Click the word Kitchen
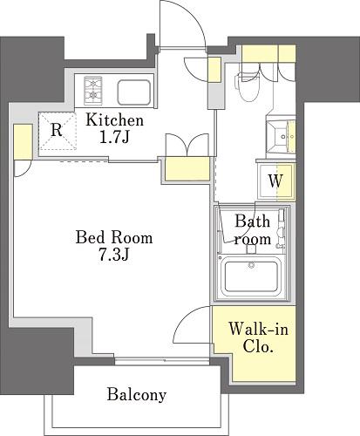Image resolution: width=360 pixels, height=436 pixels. click(x=115, y=120)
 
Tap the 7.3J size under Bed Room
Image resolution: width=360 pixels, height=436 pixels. click(x=114, y=255)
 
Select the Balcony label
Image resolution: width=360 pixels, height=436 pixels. click(x=137, y=395)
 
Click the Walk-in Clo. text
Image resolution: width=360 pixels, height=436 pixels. click(x=258, y=337)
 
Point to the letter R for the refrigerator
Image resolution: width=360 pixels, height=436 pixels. click(x=57, y=130)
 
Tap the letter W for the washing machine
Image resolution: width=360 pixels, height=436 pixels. click(x=275, y=181)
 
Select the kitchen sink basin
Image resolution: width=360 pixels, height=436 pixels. click(x=134, y=92)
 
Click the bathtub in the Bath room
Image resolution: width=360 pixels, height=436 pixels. click(x=252, y=276)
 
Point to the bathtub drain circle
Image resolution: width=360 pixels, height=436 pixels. click(x=251, y=265)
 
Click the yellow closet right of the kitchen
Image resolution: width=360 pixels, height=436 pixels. click(x=187, y=169)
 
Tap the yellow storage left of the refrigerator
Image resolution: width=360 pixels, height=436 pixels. click(x=23, y=142)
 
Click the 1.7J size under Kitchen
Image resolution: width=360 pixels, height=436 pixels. click(x=113, y=137)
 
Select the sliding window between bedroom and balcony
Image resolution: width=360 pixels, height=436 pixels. click(x=162, y=361)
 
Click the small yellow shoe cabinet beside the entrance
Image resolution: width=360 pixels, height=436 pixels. click(x=214, y=70)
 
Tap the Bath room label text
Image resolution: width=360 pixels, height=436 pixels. click(x=253, y=229)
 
